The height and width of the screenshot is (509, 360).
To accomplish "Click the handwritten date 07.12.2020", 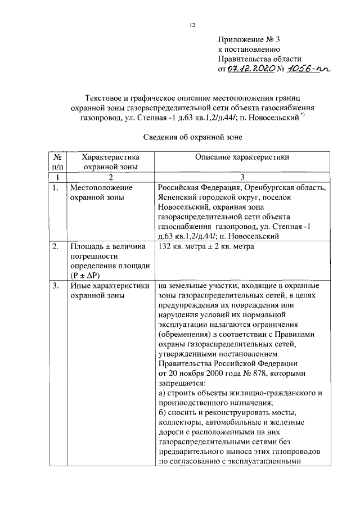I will (x=249, y=69).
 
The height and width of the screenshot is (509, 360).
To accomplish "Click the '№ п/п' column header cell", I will (x=57, y=162).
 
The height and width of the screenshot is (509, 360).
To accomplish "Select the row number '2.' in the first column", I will (x=55, y=247).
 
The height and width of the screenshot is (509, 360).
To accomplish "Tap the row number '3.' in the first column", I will (x=55, y=286).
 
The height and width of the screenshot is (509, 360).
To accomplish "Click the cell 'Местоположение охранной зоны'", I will (x=100, y=193).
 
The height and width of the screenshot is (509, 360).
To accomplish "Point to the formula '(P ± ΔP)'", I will (x=85, y=275).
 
